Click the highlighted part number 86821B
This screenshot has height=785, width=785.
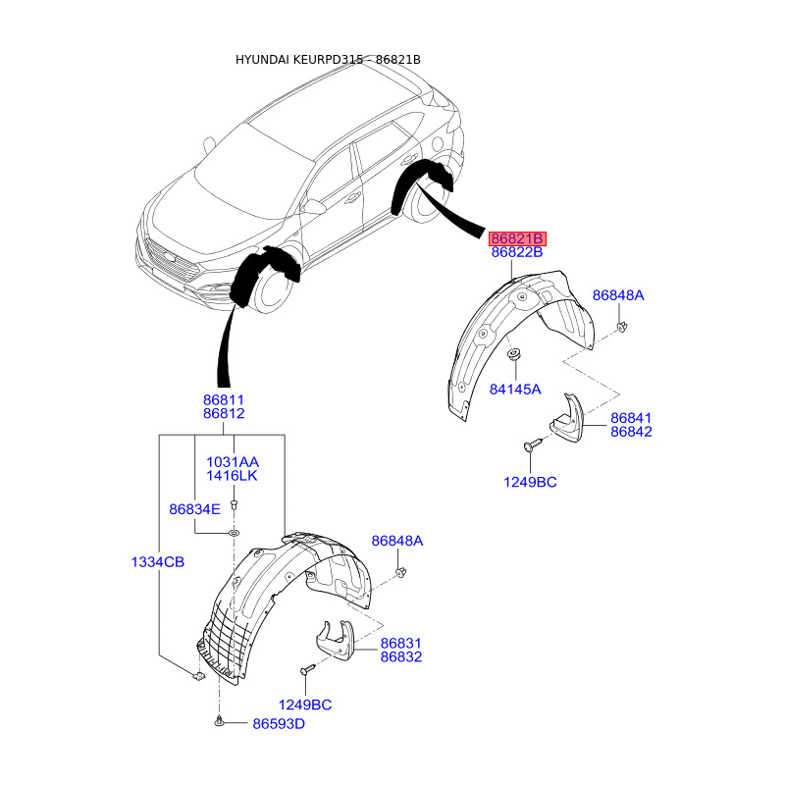click(x=517, y=238)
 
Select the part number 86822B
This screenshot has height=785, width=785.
click(x=517, y=253)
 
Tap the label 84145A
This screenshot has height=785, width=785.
click(x=515, y=389)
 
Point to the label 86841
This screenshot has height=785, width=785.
click(x=631, y=418)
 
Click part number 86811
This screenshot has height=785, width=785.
click(x=224, y=400)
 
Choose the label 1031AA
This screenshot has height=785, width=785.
click(x=232, y=462)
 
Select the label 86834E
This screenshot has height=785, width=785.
click(x=194, y=509)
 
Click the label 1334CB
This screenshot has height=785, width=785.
click(x=158, y=561)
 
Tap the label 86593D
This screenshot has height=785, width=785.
click(x=279, y=724)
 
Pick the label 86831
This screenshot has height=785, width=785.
click(x=400, y=643)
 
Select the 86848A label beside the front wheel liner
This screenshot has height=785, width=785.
click(x=396, y=541)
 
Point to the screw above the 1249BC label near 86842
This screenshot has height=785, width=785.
click(x=531, y=446)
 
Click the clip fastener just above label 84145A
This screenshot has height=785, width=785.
click(x=513, y=353)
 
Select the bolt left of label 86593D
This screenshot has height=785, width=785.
click(x=218, y=723)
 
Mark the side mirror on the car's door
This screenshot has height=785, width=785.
click(x=316, y=207)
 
